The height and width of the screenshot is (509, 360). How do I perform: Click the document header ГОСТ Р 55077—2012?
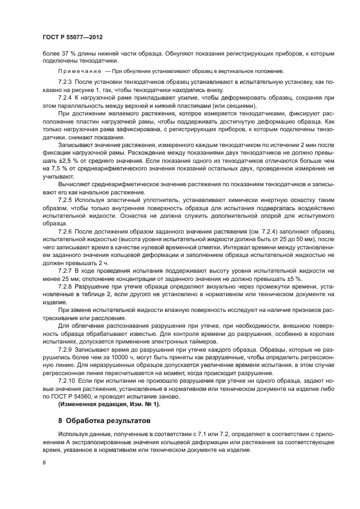coord(72,37)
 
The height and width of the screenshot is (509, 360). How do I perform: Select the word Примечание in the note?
coord(81,71)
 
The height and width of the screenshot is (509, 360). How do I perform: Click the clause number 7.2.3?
coord(65,81)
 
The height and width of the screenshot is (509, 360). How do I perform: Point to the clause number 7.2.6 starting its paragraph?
coord(65,231)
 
